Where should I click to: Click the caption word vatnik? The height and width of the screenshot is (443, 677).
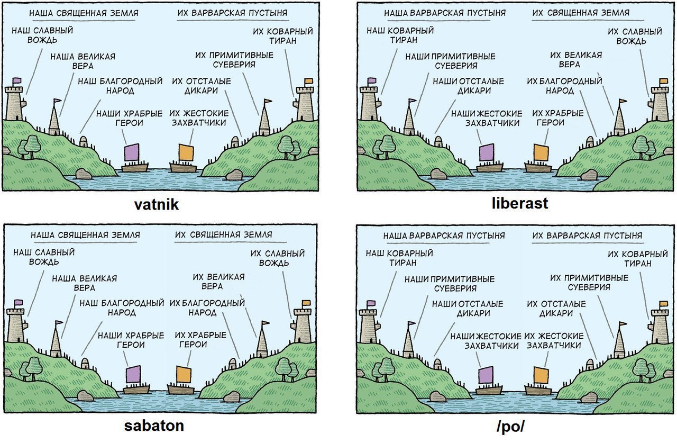point(156,205)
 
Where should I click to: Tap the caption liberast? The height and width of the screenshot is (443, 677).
point(520,203)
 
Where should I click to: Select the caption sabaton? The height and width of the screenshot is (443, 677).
point(154,426)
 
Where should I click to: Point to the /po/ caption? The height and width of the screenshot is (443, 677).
point(510,427)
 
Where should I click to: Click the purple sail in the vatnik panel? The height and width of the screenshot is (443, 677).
point(132,152)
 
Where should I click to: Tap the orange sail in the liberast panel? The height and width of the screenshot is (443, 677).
point(541,153)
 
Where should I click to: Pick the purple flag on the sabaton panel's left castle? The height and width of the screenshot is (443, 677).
point(19,302)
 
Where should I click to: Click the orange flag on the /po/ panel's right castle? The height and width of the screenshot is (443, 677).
point(663,303)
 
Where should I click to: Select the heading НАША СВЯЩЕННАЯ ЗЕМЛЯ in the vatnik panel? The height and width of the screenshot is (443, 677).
point(84,13)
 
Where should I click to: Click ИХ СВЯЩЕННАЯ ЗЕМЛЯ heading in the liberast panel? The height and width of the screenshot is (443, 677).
point(581,13)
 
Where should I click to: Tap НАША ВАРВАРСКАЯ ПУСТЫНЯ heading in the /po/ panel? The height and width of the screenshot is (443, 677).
point(444,236)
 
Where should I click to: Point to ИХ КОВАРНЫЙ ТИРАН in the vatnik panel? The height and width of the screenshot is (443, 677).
point(283,36)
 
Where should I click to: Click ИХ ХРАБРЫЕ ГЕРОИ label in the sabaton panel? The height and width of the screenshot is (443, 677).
point(200,340)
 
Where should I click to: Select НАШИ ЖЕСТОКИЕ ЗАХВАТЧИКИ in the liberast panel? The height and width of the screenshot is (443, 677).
point(487,118)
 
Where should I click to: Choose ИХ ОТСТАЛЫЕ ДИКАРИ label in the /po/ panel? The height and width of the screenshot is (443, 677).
point(556,309)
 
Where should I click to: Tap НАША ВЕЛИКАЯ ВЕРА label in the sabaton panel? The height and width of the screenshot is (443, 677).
point(84,283)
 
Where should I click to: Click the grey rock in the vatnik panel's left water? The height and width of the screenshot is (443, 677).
point(84,174)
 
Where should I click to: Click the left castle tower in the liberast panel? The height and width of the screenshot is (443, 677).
point(369,103)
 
